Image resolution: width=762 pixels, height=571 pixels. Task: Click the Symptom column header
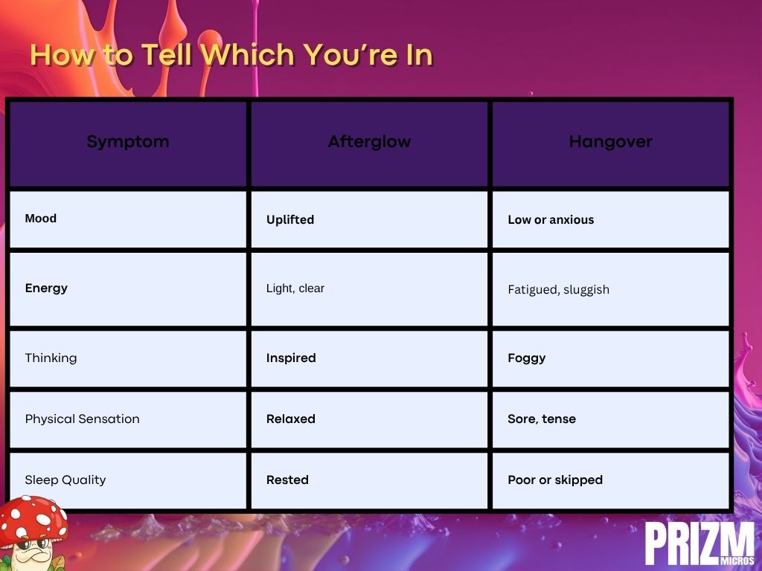[x=128, y=142]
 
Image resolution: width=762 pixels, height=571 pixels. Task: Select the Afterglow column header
[x=369, y=142]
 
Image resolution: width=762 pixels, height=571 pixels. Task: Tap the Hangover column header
[x=611, y=142]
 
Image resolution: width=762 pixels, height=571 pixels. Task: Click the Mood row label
[x=41, y=219]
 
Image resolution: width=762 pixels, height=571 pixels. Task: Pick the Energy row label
[x=46, y=288]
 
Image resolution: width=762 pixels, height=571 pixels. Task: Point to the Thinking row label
[x=51, y=358]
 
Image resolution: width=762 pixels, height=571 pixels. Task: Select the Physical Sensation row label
[x=82, y=419]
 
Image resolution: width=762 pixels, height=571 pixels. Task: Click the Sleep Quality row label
[x=65, y=480]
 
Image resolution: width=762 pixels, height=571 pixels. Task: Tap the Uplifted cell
[x=290, y=220]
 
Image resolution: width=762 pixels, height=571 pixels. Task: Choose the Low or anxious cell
[x=551, y=220]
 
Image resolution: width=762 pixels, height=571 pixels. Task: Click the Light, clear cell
[x=295, y=288]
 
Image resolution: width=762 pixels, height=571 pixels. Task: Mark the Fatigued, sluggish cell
[x=558, y=290]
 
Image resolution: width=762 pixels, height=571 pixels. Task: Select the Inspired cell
[x=291, y=358]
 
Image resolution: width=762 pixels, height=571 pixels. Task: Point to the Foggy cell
[x=527, y=358]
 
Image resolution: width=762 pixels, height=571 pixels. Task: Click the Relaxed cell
[x=291, y=419]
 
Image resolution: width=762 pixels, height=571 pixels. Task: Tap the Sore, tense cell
[x=542, y=419]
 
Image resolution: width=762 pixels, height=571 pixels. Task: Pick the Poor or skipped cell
[x=555, y=480]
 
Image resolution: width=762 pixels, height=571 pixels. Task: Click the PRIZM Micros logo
[x=700, y=543]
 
